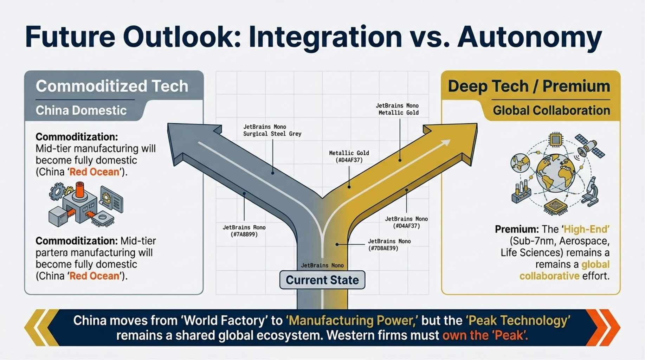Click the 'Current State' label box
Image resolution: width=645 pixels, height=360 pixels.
click(x=322, y=280)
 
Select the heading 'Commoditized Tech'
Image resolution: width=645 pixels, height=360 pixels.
click(x=112, y=86)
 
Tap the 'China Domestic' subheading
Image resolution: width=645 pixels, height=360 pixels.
click(x=81, y=110)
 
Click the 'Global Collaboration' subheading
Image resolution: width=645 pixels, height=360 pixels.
click(x=551, y=110)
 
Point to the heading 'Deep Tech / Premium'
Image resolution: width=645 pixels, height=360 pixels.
click(x=529, y=86)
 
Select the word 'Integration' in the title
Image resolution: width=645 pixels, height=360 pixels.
click(x=325, y=37)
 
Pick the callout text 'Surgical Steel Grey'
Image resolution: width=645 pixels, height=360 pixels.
click(x=272, y=134)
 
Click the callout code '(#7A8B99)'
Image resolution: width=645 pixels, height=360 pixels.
click(x=244, y=234)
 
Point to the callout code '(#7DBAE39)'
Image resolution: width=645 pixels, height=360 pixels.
click(x=383, y=249)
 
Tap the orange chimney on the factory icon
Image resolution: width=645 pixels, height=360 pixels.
click(x=80, y=190)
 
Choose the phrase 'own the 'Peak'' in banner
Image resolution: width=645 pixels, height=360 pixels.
click(x=485, y=335)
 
